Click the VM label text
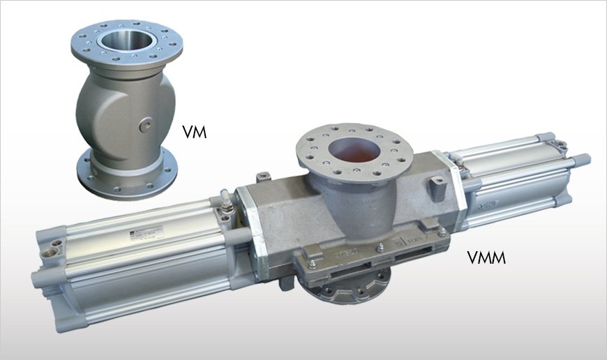click(194, 131)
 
